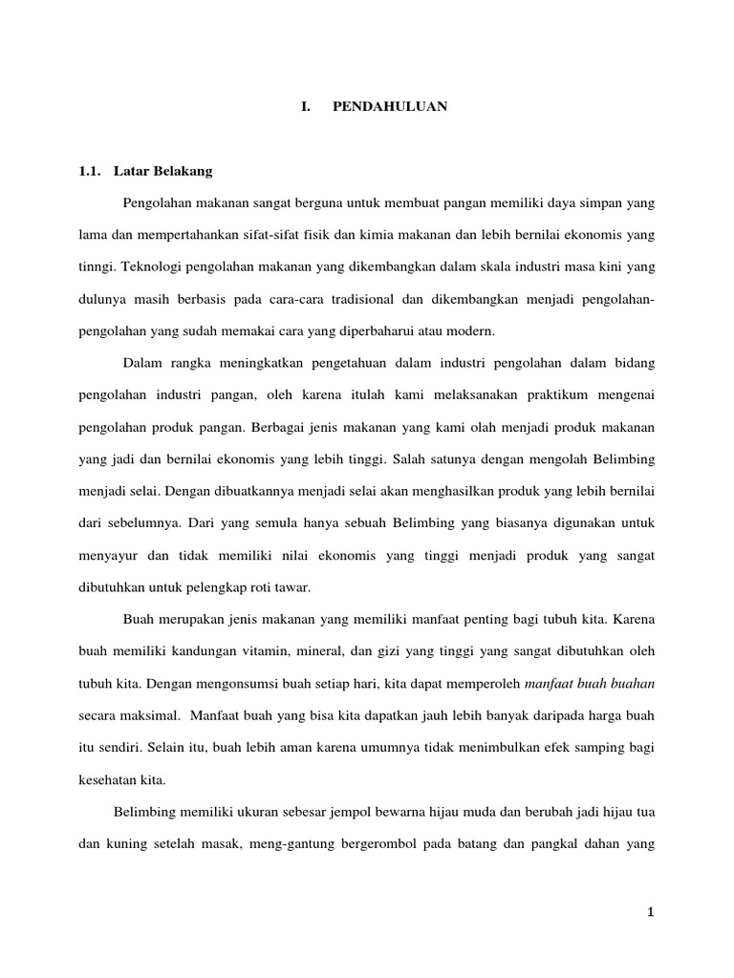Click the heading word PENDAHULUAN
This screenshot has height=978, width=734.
(390, 108)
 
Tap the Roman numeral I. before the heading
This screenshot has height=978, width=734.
(305, 108)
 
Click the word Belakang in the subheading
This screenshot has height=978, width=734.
(183, 172)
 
